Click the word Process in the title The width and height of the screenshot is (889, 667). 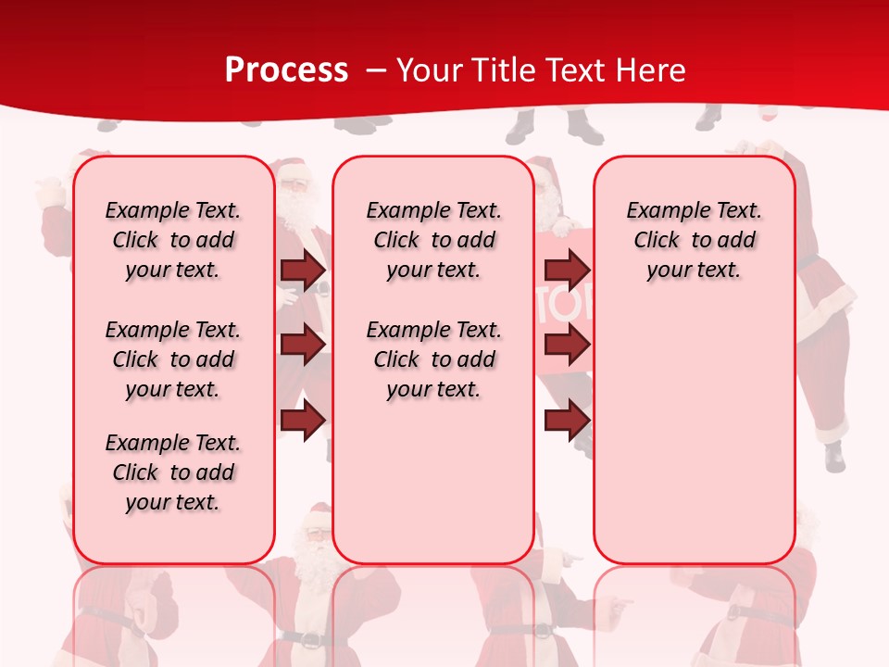[286, 70]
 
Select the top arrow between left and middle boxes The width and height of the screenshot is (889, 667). [303, 270]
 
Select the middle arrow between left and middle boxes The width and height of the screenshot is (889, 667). [303, 345]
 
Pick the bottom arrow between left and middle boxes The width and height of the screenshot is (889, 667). [303, 421]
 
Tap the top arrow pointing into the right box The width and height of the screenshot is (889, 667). [567, 270]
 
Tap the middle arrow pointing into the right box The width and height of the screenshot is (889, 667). [567, 345]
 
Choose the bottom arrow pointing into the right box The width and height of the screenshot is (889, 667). [567, 421]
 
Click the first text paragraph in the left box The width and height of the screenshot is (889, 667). [173, 240]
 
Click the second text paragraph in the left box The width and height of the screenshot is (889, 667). [173, 359]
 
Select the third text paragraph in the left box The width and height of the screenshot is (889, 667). [173, 472]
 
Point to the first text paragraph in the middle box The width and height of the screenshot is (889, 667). [433, 240]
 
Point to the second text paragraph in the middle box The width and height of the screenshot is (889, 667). [433, 359]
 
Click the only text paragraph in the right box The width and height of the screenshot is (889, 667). [694, 240]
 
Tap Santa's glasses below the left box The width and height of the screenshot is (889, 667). [316, 534]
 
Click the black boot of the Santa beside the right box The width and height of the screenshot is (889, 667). [834, 456]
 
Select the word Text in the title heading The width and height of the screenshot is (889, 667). [576, 70]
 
